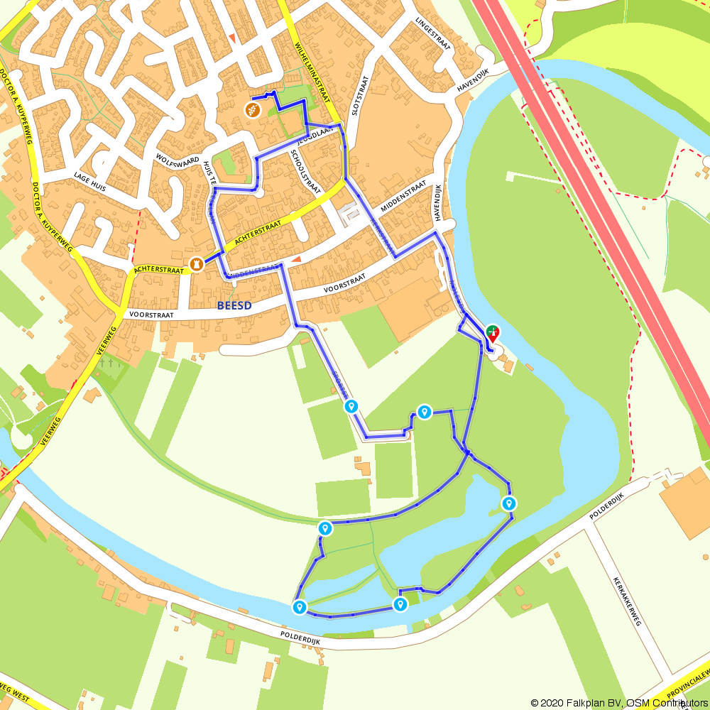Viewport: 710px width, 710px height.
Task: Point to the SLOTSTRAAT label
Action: click(x=360, y=96)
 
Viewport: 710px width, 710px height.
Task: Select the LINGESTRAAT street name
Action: click(x=434, y=34)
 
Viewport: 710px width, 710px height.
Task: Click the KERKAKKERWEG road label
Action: click(x=627, y=600)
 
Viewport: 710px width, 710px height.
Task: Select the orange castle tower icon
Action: click(x=196, y=264)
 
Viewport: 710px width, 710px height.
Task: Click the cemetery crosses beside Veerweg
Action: click(x=107, y=363)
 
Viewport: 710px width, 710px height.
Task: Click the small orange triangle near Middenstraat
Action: click(x=296, y=260)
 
